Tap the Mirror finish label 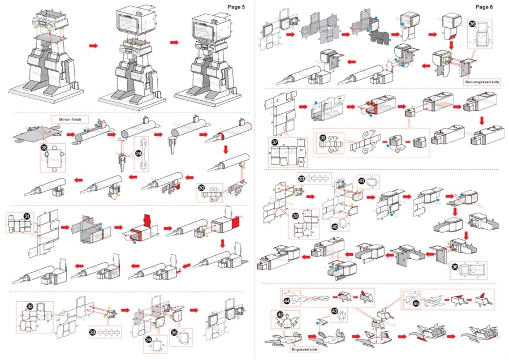pos(68,119)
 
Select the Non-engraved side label pos(482,82)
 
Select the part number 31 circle pos(27,216)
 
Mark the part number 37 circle pos(277,142)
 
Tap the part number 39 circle pos(295,217)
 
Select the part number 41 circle pos(361,181)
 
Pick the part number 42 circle pos(281,315)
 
